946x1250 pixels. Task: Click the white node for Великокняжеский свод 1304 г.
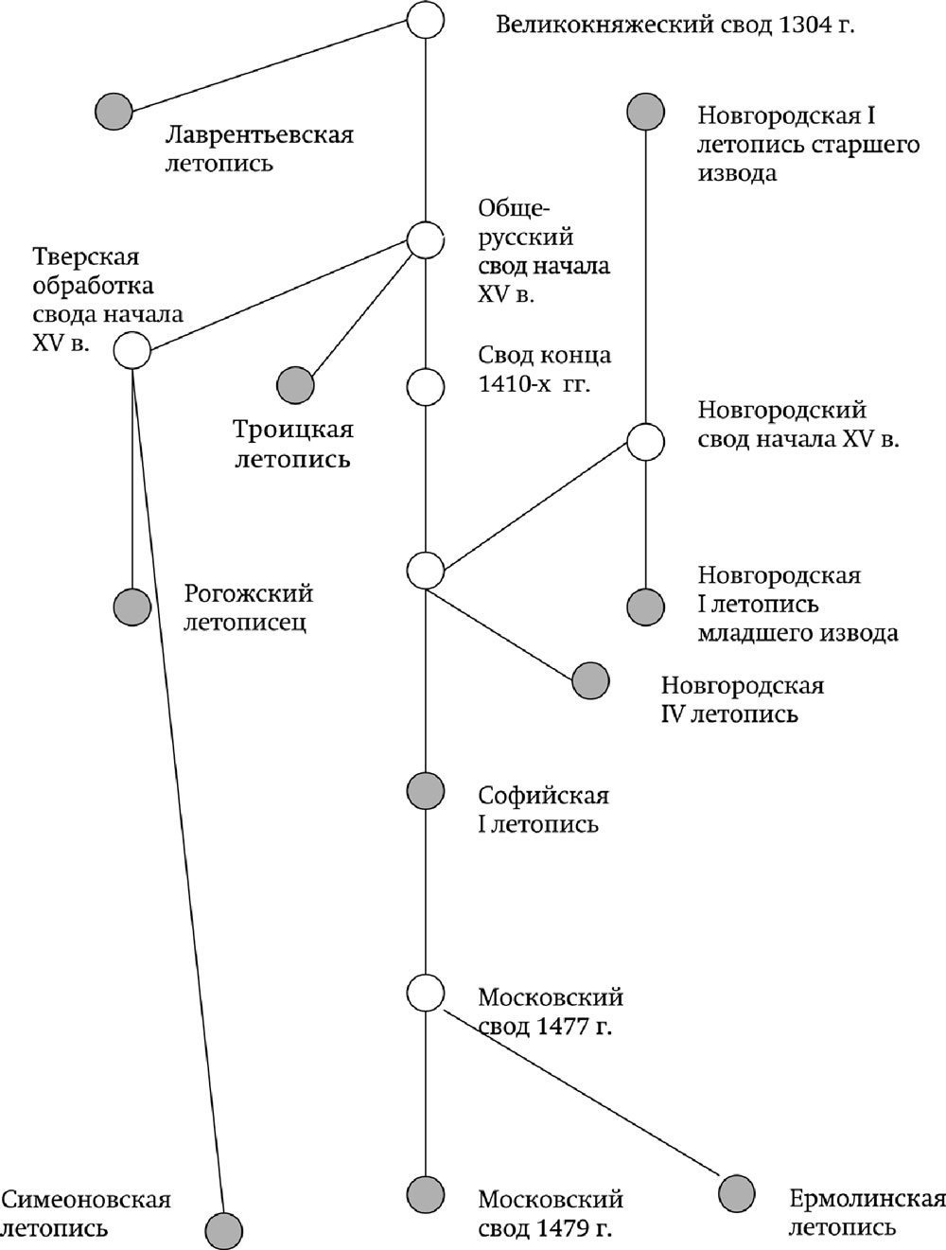425,19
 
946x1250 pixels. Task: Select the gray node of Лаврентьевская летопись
114,112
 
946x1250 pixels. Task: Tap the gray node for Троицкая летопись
295,385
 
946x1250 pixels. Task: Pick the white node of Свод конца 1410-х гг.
425,387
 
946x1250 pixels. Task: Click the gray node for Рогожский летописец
132,607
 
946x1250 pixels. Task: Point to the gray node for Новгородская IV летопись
591,680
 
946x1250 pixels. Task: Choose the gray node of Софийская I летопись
425,791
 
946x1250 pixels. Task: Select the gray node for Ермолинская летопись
737,1193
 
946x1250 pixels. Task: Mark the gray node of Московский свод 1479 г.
425,1193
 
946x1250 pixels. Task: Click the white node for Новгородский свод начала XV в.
645,441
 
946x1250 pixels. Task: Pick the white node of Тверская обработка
132,350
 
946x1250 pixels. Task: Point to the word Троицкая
293,430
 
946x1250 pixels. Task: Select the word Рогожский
248,594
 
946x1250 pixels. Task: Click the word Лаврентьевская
259,135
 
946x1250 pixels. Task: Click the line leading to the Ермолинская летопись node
582,1093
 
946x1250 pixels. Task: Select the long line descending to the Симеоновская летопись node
179,790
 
